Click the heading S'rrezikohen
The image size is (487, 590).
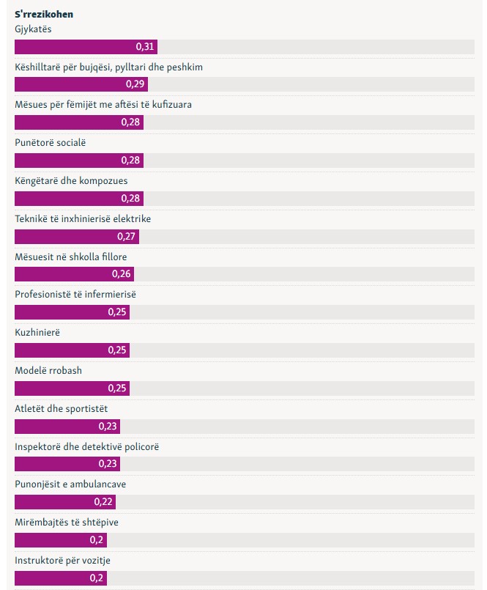pyautogui.click(x=44, y=14)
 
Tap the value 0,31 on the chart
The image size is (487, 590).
pyautogui.click(x=145, y=47)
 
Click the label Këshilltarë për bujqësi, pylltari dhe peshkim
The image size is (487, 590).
pyautogui.click(x=108, y=67)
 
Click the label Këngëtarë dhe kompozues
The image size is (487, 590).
pyautogui.click(x=66, y=180)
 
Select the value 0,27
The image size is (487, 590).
pyautogui.click(x=127, y=237)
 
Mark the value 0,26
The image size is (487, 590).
pyautogui.click(x=122, y=274)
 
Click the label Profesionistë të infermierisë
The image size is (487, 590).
pyautogui.click(x=75, y=294)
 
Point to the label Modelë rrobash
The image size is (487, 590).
pyautogui.click(x=48, y=370)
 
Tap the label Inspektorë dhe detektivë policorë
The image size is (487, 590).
pyautogui.click(x=86, y=446)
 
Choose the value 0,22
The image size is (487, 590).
pyautogui.click(x=104, y=502)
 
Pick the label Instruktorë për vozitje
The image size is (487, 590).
pyautogui.click(x=62, y=561)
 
